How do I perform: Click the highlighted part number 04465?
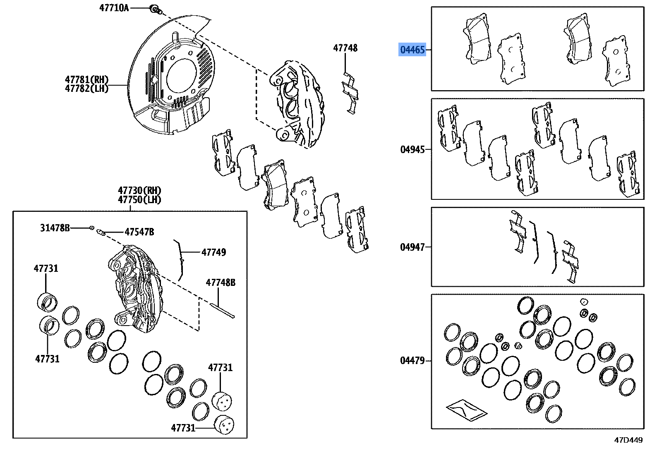tap(412, 50)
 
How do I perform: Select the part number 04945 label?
tap(412, 149)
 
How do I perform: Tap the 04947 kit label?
tap(412, 247)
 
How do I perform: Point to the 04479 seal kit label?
tap(412, 360)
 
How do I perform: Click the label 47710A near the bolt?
tap(114, 8)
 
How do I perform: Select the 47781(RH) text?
tap(86, 79)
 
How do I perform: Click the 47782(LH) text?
tap(86, 89)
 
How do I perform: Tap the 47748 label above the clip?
tap(345, 48)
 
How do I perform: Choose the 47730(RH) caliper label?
tap(139, 190)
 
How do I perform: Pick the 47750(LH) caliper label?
tap(139, 200)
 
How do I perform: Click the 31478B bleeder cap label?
tap(55, 228)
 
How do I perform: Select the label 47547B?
tap(139, 232)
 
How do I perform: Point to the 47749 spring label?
tap(213, 252)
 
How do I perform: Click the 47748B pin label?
tap(221, 283)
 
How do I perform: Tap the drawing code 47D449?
tap(628, 440)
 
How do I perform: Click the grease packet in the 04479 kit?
tap(466, 410)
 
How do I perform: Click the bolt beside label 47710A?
tap(155, 9)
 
